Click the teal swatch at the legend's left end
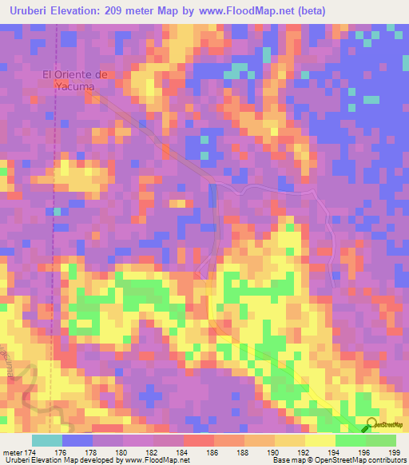coord(47,440)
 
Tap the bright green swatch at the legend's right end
coord(381,440)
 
